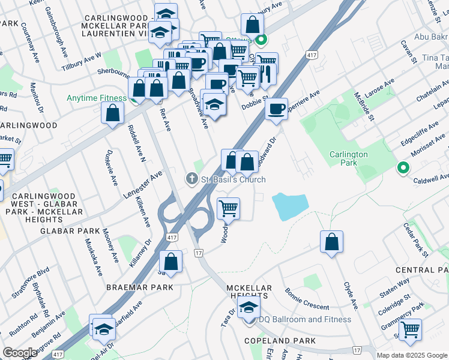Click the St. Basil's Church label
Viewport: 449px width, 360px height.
tap(233, 179)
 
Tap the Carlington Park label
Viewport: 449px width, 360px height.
tap(348, 158)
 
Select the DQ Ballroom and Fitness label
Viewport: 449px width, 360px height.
tap(304, 319)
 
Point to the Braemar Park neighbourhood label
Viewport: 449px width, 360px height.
tap(140, 287)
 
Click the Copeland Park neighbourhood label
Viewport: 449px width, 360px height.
tap(280, 341)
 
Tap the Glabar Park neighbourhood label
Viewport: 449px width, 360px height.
tap(70, 231)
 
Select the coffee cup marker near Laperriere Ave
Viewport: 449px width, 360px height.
tap(276, 110)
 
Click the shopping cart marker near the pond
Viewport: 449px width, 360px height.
tap(228, 209)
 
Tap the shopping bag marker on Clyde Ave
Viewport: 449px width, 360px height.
tap(331, 242)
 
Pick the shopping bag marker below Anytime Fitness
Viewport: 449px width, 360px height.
tap(113, 113)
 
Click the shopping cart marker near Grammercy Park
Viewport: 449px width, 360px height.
tap(410, 329)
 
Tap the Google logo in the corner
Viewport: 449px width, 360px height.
tap(20, 353)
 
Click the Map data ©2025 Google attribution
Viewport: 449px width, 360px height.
tap(412, 355)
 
